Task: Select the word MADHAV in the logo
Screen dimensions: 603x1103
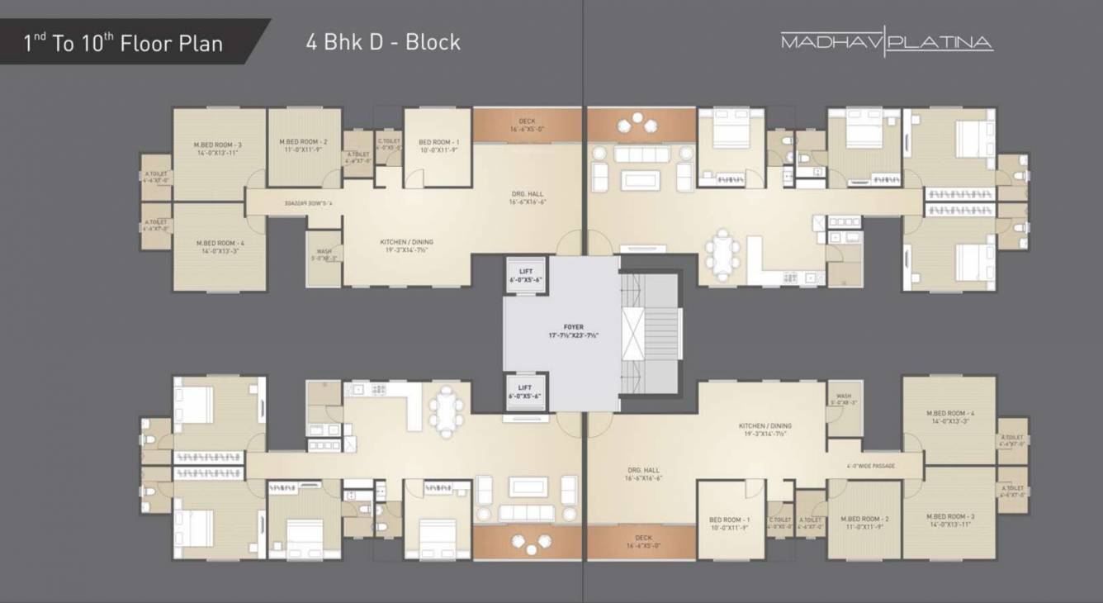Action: click(x=830, y=42)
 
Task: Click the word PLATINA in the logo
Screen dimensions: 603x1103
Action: click(x=941, y=42)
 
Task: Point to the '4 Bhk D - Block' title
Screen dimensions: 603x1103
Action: click(x=383, y=42)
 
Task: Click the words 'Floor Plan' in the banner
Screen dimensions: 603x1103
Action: click(x=172, y=44)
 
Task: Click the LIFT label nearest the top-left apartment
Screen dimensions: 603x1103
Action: click(x=526, y=271)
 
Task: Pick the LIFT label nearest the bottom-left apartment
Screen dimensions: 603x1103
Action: click(x=526, y=387)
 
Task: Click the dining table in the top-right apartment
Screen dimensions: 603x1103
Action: click(x=723, y=249)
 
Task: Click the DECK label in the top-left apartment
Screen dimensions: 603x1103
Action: click(x=527, y=121)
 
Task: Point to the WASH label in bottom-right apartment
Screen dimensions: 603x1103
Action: click(x=843, y=396)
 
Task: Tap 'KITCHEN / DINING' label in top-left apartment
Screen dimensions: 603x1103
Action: click(x=406, y=242)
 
